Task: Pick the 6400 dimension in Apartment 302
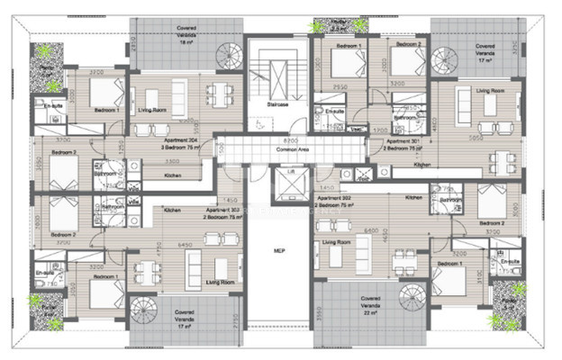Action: pyautogui.click(x=370, y=230)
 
